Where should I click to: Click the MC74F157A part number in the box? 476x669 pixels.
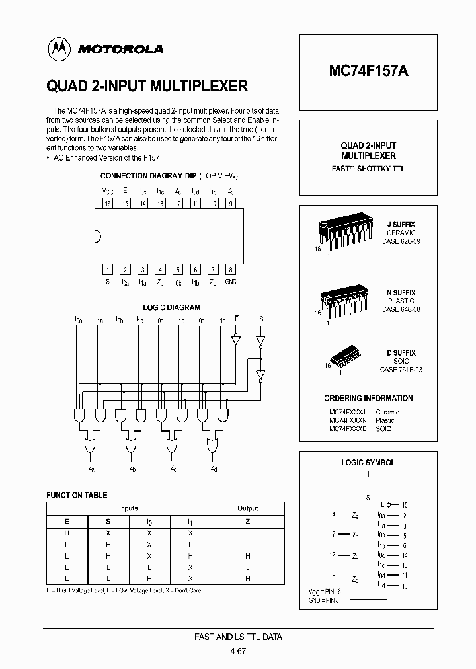(x=368, y=73)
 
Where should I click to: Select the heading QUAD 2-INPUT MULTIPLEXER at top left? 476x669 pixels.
(x=147, y=86)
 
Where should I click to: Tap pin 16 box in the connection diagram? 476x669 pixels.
(x=107, y=204)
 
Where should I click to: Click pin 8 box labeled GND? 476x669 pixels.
(x=230, y=269)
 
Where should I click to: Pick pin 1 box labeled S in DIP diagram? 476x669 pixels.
(x=107, y=269)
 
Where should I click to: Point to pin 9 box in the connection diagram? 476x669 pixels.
(x=230, y=204)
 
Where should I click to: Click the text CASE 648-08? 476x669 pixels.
(x=401, y=309)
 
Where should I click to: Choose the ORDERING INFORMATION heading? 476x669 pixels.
(x=368, y=399)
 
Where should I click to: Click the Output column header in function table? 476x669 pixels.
(x=248, y=508)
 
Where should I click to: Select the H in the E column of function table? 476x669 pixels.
(x=67, y=533)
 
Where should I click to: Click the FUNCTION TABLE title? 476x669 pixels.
(x=77, y=495)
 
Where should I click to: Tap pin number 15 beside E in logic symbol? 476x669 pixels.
(x=404, y=504)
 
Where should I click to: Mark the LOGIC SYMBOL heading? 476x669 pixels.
(x=368, y=463)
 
